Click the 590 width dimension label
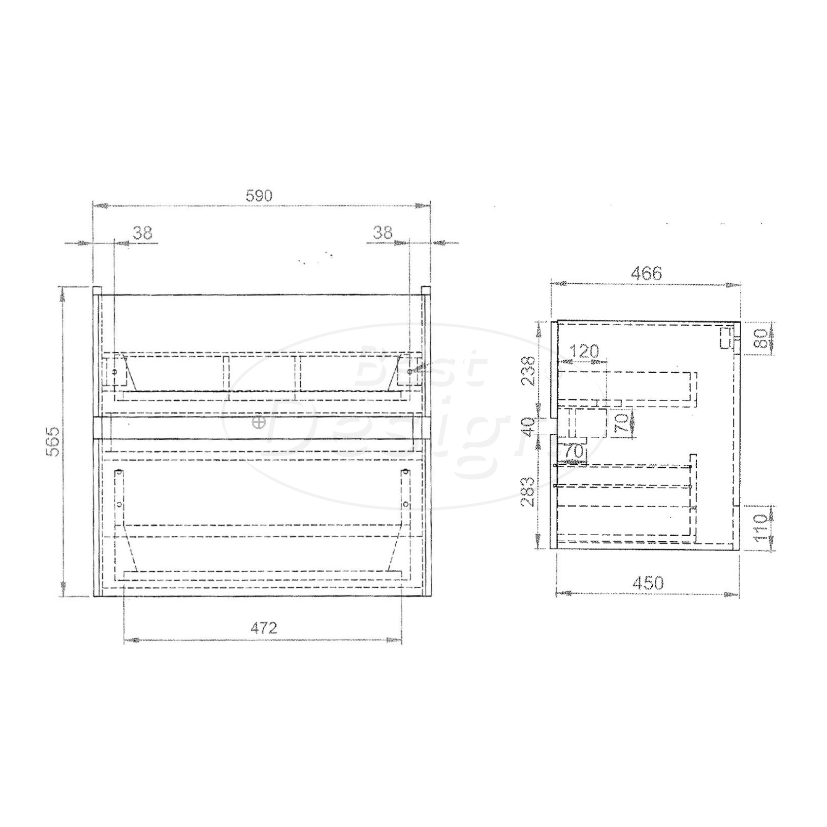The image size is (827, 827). coord(259,196)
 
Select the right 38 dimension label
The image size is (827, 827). coord(382,233)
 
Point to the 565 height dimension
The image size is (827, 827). coord(54,441)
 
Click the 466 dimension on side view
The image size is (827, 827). coord(646,274)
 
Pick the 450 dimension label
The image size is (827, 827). coord(648,583)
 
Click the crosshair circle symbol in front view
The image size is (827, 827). coord(259,422)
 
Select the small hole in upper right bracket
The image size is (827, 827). coord(410,372)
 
